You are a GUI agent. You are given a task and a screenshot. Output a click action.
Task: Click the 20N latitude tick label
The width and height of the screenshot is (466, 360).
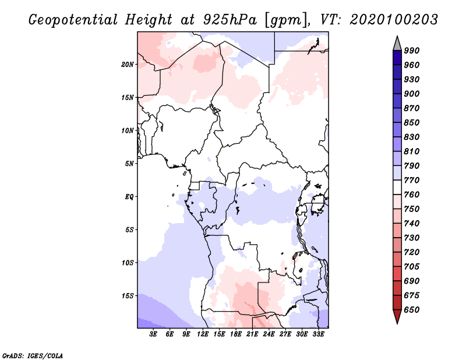pos(128,65)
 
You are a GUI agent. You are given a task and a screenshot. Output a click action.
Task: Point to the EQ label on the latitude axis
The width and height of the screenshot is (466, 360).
pos(129,197)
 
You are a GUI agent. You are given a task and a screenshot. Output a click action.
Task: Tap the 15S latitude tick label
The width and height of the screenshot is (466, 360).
pos(128,296)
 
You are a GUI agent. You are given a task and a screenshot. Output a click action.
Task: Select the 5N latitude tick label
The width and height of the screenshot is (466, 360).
pos(129,164)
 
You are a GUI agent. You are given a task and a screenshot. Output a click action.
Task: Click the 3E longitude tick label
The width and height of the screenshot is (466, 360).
pos(153,334)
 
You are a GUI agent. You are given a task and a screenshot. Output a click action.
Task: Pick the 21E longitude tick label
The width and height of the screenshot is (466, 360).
pos(252,334)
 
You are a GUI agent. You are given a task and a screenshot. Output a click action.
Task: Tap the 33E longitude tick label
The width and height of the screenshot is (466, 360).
pos(318,334)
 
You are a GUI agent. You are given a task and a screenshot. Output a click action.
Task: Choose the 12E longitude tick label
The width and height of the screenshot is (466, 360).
pos(203,334)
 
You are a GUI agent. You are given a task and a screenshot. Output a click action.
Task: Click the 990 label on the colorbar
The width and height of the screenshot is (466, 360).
pos(412,51)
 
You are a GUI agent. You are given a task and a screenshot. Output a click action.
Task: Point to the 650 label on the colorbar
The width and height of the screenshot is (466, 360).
pos(412,310)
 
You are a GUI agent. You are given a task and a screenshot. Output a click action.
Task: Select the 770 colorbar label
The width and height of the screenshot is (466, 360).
pos(412,180)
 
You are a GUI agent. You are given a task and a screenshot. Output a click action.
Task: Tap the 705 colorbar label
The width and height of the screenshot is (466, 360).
pos(412,266)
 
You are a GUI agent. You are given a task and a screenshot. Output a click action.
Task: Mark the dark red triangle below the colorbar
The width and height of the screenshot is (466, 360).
pos(397,315)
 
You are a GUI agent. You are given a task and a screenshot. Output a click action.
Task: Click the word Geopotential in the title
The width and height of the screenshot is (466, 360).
pos(73,20)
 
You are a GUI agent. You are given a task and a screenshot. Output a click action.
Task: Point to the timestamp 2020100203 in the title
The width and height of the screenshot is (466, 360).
pos(394,20)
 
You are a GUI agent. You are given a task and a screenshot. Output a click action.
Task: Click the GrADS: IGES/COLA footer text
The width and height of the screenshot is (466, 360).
pos(33,355)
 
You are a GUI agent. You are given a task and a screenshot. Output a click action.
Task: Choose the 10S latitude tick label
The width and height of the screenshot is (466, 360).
pos(128,263)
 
